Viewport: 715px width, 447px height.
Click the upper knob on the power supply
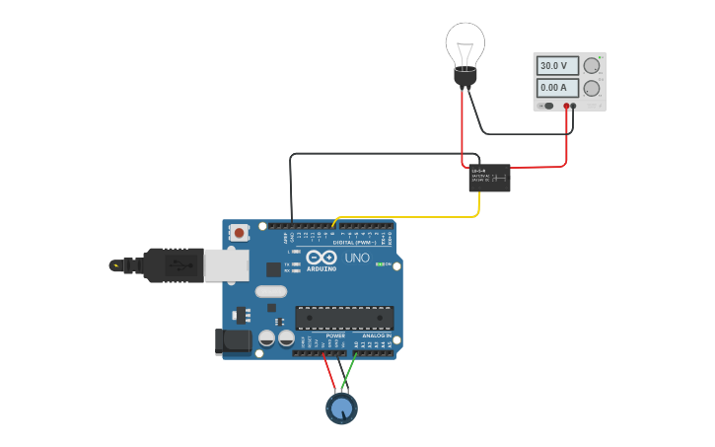[591, 66]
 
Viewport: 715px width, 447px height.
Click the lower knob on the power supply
[591, 88]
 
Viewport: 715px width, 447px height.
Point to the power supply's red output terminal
[566, 105]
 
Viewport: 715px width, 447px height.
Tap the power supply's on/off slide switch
[546, 105]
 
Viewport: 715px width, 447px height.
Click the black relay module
[489, 178]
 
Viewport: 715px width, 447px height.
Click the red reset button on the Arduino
[239, 233]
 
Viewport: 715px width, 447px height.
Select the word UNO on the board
[357, 258]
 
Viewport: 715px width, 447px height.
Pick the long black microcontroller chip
[344, 318]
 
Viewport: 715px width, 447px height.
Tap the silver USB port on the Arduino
[227, 265]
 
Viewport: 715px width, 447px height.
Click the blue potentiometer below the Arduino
[342, 408]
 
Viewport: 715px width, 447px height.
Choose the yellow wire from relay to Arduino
[414, 217]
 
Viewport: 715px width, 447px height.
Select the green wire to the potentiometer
[349, 375]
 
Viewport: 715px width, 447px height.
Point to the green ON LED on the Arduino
[381, 263]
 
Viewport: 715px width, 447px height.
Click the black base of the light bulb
[465, 76]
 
